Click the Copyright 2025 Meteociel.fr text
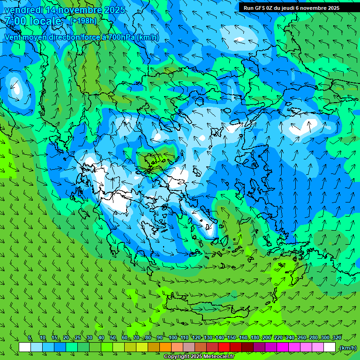click(x=199, y=357)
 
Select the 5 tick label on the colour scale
click(x=30, y=337)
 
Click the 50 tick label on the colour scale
click(x=113, y=337)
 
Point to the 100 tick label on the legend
click(x=172, y=337)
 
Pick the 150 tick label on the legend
click(x=232, y=337)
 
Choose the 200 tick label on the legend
click(x=267, y=337)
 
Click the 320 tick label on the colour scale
click(x=337, y=337)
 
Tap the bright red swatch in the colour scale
click(x=224, y=347)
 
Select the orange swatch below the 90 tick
click(x=165, y=347)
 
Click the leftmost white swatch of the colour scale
click(x=25, y=347)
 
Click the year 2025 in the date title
click(x=114, y=10)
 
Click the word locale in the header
click(x=45, y=21)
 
